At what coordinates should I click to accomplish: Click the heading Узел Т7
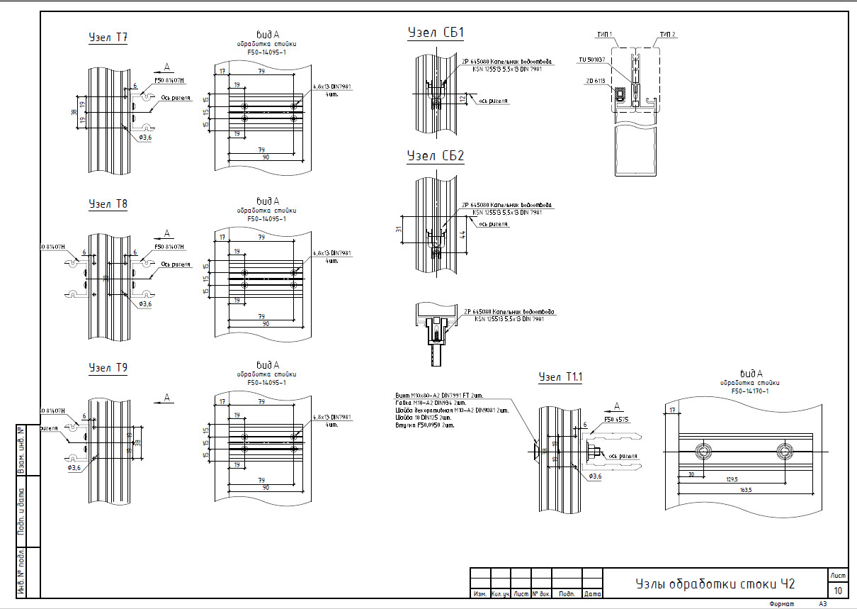[x=108, y=38]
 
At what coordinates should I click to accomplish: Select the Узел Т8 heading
[x=108, y=204]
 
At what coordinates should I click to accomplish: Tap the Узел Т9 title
[x=108, y=368]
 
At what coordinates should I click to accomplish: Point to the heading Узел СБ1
[x=436, y=33]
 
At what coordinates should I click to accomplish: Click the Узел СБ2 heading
[x=436, y=156]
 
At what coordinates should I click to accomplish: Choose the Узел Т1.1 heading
[x=560, y=377]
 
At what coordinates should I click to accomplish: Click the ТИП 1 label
[x=604, y=34]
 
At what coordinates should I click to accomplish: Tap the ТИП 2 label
[x=666, y=34]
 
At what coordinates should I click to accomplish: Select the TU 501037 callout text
[x=591, y=60]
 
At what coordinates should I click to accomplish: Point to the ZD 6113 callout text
[x=595, y=81]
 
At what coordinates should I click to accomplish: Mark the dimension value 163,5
[x=744, y=489]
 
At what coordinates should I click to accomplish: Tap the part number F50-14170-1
[x=750, y=391]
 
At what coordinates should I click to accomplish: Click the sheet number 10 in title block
[x=838, y=590]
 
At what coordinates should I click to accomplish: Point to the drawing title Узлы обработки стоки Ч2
[x=715, y=584]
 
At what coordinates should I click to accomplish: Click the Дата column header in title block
[x=593, y=593]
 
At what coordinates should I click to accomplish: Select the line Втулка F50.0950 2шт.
[x=424, y=425]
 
